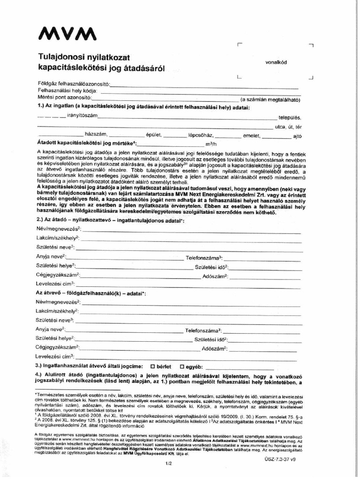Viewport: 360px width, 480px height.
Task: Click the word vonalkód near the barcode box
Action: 276,62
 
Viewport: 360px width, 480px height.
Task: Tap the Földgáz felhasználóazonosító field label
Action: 74,83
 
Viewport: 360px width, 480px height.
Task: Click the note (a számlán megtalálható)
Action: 270,99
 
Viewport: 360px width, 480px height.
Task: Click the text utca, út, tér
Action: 288,127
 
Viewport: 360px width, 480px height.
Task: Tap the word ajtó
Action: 297,136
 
